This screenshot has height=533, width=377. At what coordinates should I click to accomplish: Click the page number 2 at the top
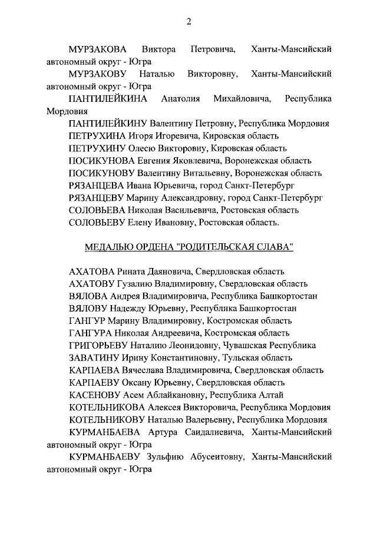(x=188, y=22)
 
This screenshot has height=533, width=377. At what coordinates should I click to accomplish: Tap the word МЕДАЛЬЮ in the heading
(x=108, y=247)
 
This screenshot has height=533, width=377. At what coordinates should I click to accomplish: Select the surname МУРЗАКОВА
(x=99, y=49)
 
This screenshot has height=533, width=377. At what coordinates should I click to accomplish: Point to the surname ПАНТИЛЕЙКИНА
(x=108, y=98)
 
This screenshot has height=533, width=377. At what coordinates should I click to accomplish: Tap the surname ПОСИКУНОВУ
(x=101, y=173)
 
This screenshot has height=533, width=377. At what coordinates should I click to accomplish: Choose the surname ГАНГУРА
(x=90, y=333)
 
